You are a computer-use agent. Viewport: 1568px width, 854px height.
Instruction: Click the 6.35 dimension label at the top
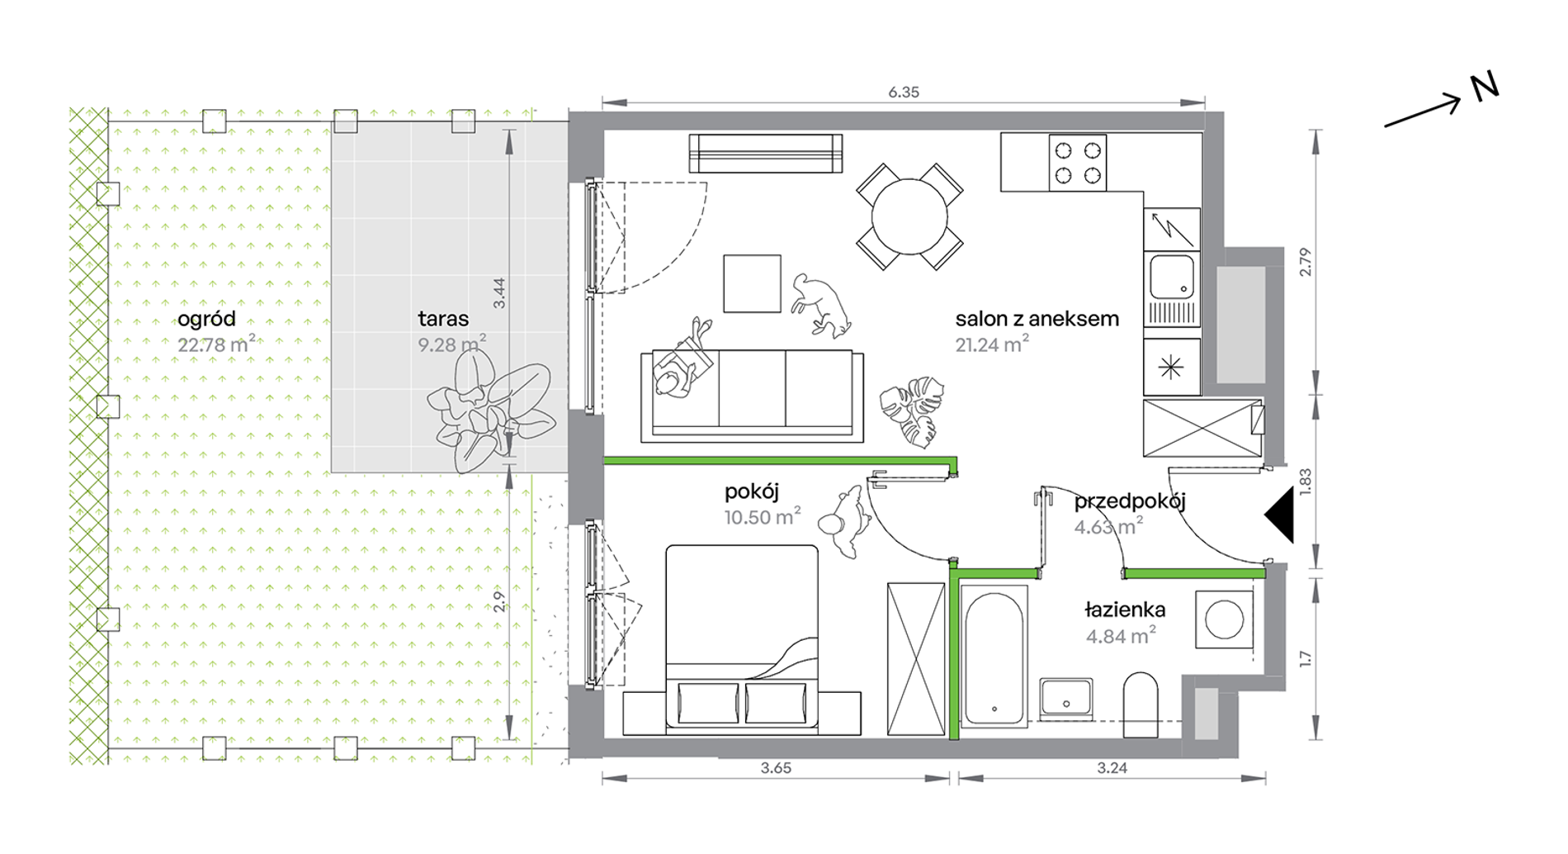[x=903, y=93]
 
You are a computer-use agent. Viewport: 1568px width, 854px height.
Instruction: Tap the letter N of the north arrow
[x=1484, y=88]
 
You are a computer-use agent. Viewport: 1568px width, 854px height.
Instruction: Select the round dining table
[x=909, y=216]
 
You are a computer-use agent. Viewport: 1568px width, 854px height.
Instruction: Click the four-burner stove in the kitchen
[x=1078, y=163]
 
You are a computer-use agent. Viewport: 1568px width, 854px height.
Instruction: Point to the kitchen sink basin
[x=1172, y=277]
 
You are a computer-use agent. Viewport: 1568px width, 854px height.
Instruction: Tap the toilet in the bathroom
[x=1141, y=705]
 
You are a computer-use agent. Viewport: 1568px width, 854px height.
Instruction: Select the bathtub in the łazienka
[x=994, y=657]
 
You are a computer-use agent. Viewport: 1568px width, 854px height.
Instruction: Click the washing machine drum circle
[x=1224, y=619]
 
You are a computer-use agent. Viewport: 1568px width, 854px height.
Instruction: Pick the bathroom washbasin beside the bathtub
[x=1066, y=696]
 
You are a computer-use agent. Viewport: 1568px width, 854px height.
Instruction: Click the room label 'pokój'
[x=752, y=492]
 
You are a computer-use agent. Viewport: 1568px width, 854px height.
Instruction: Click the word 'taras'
[x=443, y=319]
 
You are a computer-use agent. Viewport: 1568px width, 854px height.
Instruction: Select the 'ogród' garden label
[x=206, y=320]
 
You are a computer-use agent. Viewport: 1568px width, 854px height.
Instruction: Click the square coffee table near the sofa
[x=752, y=283]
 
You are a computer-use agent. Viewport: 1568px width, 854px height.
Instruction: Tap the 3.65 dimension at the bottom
[x=776, y=768]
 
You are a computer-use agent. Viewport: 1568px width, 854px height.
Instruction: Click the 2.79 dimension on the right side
[x=1305, y=262]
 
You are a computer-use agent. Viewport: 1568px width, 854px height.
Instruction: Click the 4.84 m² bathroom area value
[x=1121, y=636]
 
